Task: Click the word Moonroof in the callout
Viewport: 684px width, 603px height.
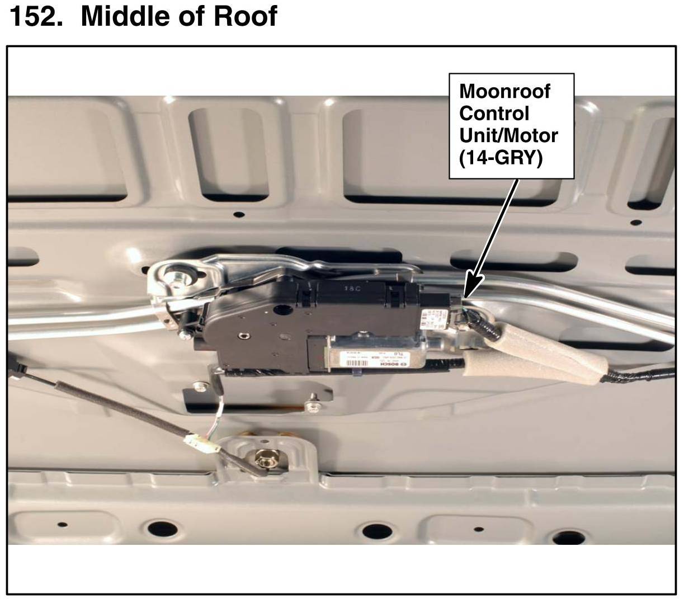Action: (504, 91)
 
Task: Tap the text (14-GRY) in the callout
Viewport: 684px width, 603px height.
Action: (501, 158)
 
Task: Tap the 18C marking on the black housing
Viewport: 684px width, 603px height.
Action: (351, 289)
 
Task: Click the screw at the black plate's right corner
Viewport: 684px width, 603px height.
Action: (312, 400)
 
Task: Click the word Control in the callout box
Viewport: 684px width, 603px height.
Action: (494, 114)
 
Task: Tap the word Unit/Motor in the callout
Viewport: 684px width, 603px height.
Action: (508, 136)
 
